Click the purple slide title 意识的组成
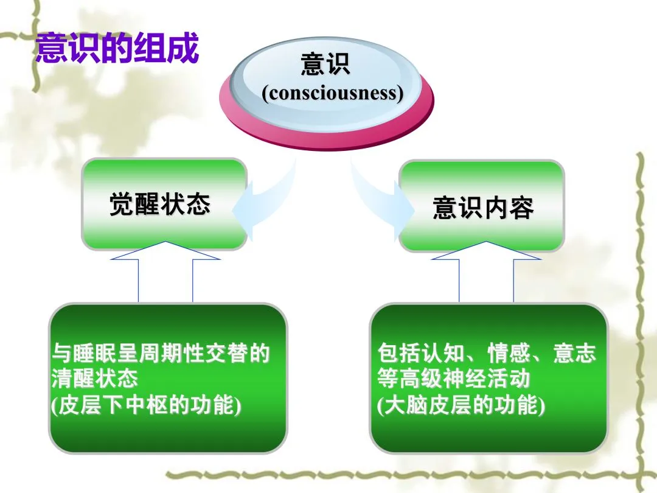(117, 48)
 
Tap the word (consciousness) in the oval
(332, 93)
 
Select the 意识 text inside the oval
(325, 64)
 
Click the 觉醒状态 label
(159, 205)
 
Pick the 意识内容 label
(483, 208)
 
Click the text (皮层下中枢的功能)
(146, 405)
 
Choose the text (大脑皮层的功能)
(461, 405)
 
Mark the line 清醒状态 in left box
(95, 379)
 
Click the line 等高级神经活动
(453, 379)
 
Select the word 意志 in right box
(575, 353)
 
